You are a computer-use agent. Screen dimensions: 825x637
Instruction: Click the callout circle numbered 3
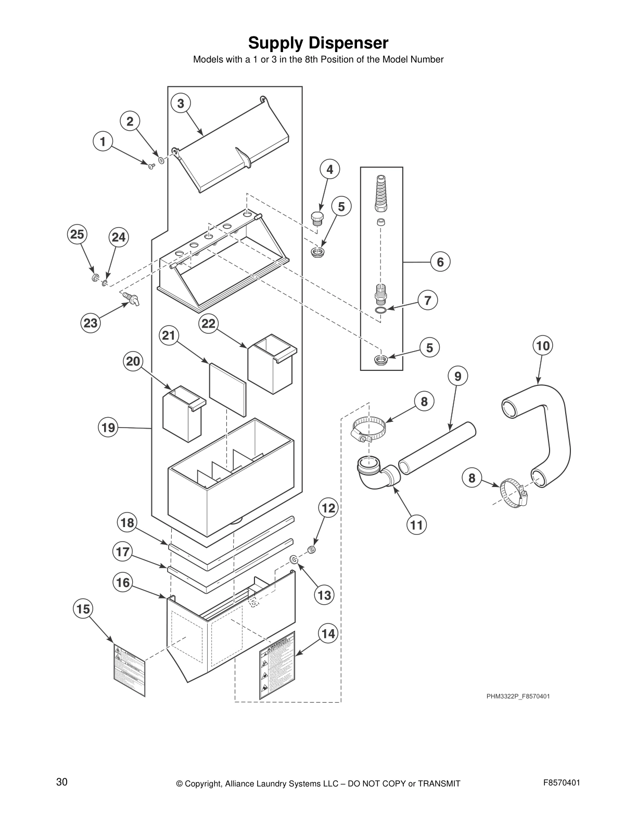click(180, 103)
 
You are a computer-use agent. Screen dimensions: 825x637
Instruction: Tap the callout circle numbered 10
click(542, 345)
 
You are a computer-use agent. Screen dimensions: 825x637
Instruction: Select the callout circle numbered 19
click(108, 428)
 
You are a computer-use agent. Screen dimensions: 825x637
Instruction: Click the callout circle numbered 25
click(77, 234)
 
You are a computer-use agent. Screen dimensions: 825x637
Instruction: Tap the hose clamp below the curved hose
click(513, 493)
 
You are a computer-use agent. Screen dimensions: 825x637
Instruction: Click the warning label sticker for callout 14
click(277, 665)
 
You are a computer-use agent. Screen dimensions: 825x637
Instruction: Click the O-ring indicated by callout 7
click(381, 311)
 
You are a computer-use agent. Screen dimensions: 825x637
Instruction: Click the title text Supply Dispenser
click(318, 42)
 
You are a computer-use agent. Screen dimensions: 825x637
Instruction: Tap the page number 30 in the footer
click(62, 782)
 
